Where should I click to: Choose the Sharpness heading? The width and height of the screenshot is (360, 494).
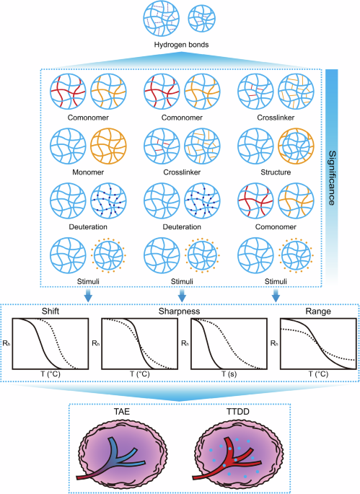pos(180,312)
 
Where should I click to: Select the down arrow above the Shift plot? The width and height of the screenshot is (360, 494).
pos(87,295)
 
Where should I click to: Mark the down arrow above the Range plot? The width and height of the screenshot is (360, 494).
pos(276,295)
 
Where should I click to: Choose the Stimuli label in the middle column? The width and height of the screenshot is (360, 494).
pos(180,281)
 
